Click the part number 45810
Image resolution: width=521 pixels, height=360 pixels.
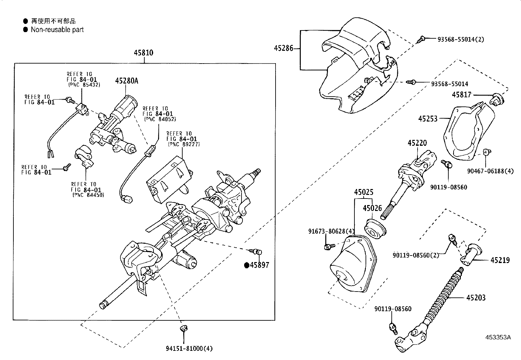coord(143,53)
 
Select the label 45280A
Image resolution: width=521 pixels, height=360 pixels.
coord(126,81)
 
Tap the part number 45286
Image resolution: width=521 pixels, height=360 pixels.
coord(283,48)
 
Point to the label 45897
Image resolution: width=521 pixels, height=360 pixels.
coord(260,265)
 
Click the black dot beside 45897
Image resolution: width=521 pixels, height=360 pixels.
coord(247,265)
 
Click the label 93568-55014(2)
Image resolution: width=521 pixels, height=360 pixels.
coord(460,39)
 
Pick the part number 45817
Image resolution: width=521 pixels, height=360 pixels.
coord(461,95)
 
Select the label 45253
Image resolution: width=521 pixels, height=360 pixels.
coord(428,118)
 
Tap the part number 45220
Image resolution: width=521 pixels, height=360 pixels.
coord(417,143)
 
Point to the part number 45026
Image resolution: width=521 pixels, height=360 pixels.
coord(372,208)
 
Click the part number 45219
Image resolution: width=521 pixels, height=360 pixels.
coord(500,260)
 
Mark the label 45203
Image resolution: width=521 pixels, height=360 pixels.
coord(476,298)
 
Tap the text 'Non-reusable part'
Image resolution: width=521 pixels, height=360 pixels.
coord(57,30)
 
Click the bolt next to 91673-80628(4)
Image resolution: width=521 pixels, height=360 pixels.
coord(329,246)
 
